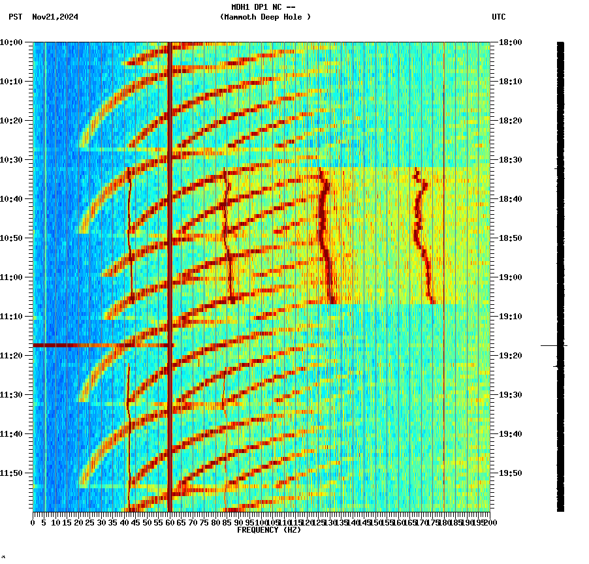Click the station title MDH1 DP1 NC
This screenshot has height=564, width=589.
(x=259, y=7)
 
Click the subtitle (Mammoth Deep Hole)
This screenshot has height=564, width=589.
(x=265, y=17)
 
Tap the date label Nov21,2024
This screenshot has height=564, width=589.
(x=55, y=17)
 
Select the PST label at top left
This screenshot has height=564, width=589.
(x=16, y=17)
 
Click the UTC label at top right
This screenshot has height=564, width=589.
(x=498, y=17)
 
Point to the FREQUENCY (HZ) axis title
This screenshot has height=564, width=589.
(x=269, y=530)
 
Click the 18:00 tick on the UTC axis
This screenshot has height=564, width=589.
(x=509, y=42)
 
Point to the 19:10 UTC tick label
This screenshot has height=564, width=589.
(x=509, y=316)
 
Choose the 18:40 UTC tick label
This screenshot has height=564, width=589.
(x=509, y=198)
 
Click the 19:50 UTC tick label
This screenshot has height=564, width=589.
(x=509, y=473)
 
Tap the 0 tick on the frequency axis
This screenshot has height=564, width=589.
(x=33, y=522)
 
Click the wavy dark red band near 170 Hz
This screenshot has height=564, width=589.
(x=422, y=235)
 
